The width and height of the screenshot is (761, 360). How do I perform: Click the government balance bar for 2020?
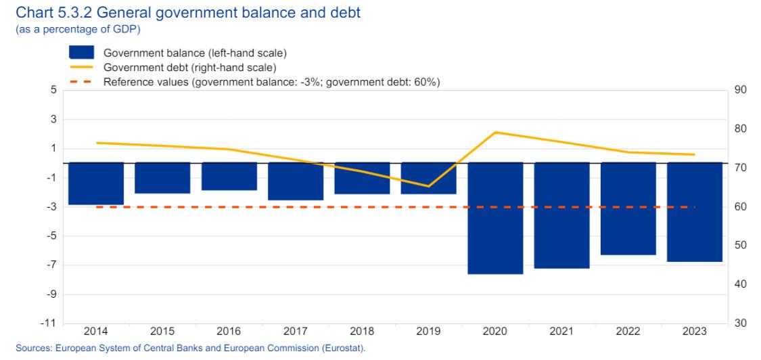(495, 218)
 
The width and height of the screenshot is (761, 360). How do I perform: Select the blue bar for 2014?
(96, 183)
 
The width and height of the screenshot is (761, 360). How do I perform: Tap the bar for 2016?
(229, 177)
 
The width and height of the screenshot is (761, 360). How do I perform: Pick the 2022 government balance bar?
(628, 208)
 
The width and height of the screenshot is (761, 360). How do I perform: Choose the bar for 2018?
(362, 178)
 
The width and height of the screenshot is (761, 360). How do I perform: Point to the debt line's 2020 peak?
(495, 132)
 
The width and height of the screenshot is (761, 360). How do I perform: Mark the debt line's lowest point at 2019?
(429, 186)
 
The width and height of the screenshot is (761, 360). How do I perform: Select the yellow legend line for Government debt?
(82, 67)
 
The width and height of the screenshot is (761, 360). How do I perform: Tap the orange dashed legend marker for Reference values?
(82, 82)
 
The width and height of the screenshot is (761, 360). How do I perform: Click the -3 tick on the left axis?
(51, 207)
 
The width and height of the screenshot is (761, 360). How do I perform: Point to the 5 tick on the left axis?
(53, 91)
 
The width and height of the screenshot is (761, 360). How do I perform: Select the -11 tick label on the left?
(50, 323)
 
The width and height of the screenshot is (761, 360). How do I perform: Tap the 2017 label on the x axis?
(296, 332)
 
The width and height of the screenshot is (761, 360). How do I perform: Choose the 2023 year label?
(695, 332)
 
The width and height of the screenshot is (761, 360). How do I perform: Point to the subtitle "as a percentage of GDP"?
(78, 30)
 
